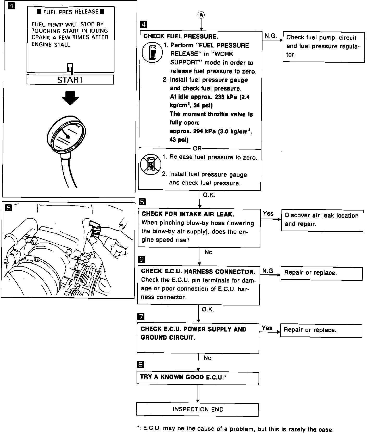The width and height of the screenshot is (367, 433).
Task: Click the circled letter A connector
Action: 201,15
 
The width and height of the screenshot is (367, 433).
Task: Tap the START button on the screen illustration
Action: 70,80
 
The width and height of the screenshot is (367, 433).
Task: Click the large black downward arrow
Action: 70,98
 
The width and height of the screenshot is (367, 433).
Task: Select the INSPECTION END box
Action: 198,409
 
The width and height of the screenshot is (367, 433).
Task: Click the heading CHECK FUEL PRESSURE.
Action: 181,36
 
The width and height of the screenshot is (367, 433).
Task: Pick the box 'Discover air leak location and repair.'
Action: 322,220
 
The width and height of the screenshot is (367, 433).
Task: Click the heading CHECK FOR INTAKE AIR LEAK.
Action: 188,214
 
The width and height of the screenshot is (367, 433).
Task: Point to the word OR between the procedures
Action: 197,148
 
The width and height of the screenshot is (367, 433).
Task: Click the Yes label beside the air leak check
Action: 268,214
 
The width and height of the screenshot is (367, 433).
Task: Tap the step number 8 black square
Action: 140,364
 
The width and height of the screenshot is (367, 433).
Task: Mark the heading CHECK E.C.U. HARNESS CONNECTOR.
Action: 198,272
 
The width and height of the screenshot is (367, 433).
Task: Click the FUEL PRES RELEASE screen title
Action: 71,12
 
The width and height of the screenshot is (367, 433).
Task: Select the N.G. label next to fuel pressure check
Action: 271,36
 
